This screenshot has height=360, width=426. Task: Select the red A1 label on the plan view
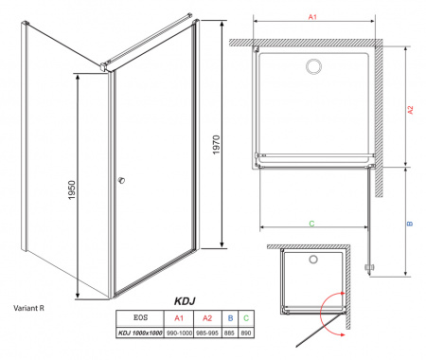312,16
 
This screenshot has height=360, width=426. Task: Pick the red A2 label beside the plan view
411,110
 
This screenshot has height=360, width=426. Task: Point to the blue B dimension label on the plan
410,225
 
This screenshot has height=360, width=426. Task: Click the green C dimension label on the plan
311,223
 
